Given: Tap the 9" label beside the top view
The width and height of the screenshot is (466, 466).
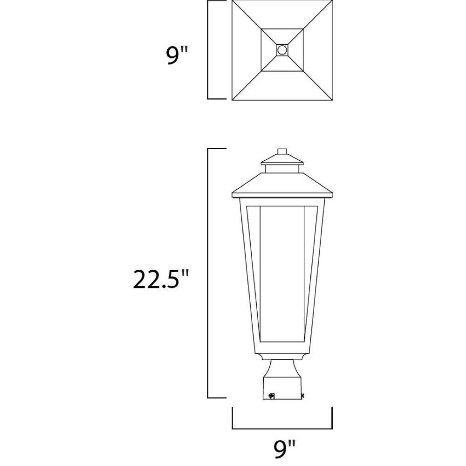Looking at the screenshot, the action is tap(177, 55).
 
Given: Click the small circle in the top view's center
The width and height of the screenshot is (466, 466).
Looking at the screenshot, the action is tap(281, 50).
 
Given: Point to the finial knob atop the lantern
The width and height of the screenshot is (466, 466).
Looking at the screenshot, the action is tap(282, 151).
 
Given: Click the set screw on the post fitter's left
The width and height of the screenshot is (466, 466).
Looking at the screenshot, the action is tap(271, 396).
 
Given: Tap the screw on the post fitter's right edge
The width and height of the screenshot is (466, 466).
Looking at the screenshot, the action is tap(303, 396).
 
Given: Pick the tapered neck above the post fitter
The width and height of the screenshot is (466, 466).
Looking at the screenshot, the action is tap(282, 369).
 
